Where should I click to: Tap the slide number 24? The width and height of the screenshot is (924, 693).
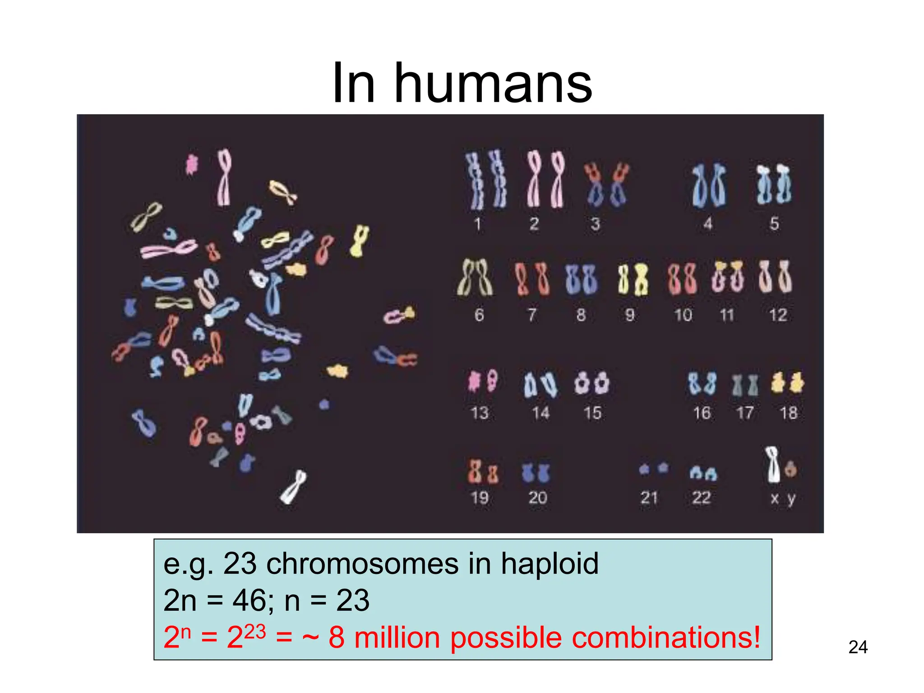point(858,647)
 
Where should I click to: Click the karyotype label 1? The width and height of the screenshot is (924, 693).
point(477,224)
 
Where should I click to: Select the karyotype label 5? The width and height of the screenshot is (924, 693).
point(774,224)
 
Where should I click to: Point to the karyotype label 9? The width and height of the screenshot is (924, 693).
point(630,315)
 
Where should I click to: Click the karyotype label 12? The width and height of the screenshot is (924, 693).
point(778,315)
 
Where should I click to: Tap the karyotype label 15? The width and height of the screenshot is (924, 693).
point(592,413)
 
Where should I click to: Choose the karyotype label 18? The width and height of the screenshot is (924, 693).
point(789,413)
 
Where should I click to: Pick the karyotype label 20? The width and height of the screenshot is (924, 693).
point(537,498)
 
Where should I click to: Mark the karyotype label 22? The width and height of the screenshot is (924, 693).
point(701,498)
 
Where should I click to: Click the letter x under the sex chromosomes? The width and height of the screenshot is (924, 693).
point(775,499)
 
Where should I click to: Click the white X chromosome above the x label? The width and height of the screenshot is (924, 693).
point(773,465)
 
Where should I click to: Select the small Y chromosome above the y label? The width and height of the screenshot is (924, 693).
point(790,469)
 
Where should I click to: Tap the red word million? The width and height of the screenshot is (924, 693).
point(397,638)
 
